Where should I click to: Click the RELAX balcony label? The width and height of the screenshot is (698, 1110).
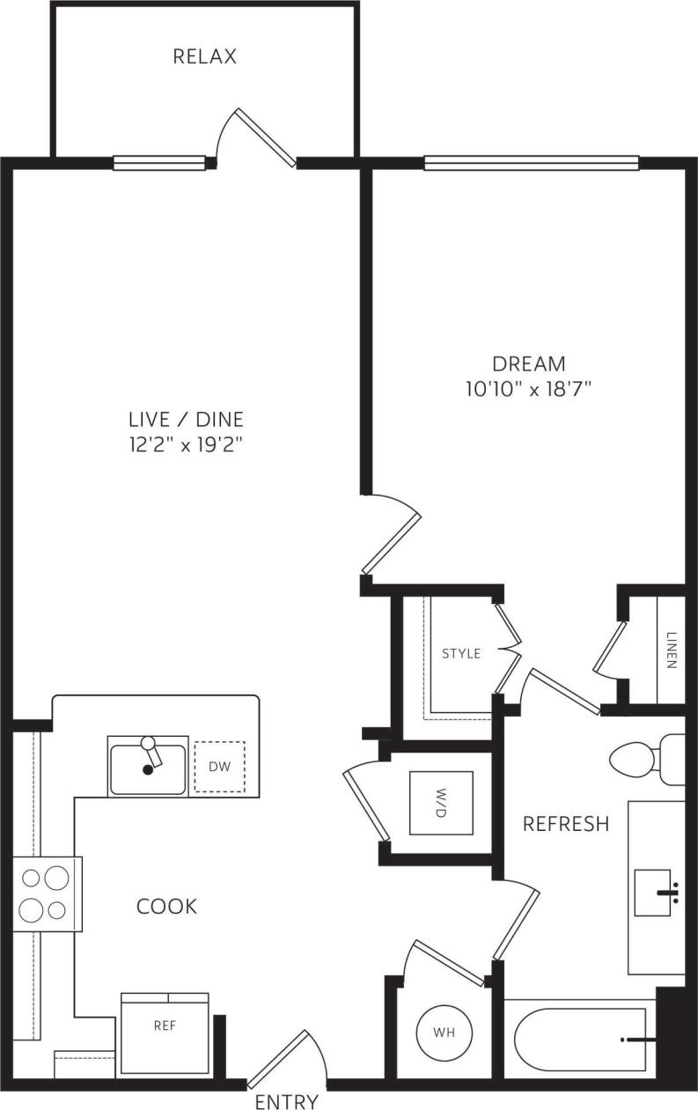click(x=204, y=57)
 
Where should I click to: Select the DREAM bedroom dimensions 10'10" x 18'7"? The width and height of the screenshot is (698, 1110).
click(x=528, y=388)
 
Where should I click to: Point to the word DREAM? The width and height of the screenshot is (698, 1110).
click(x=528, y=363)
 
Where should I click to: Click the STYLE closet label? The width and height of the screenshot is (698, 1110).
click(x=461, y=653)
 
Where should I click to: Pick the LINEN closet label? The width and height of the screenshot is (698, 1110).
click(x=672, y=651)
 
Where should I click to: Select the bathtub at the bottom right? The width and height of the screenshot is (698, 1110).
click(x=581, y=1039)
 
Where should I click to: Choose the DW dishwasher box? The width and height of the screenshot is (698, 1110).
click(x=219, y=767)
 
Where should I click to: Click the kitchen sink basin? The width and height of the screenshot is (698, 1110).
click(x=147, y=768)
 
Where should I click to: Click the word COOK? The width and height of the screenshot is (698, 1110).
click(x=166, y=906)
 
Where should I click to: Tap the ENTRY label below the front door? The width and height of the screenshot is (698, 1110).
click(x=286, y=1101)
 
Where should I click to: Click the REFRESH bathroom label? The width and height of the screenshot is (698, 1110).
click(x=566, y=824)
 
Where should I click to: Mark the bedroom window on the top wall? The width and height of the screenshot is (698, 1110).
click(x=531, y=163)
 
